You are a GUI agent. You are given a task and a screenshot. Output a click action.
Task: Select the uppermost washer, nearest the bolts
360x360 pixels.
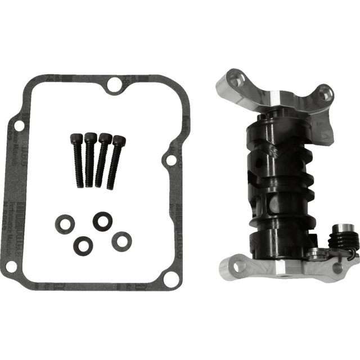click(x=102, y=220)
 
